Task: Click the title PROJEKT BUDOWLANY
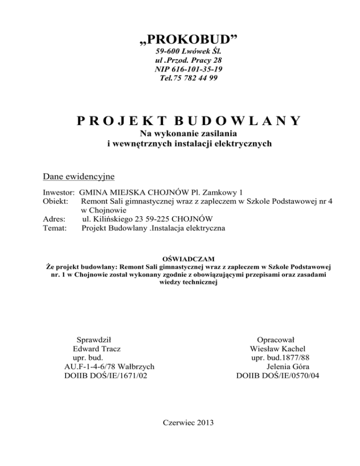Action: point(187,121)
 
